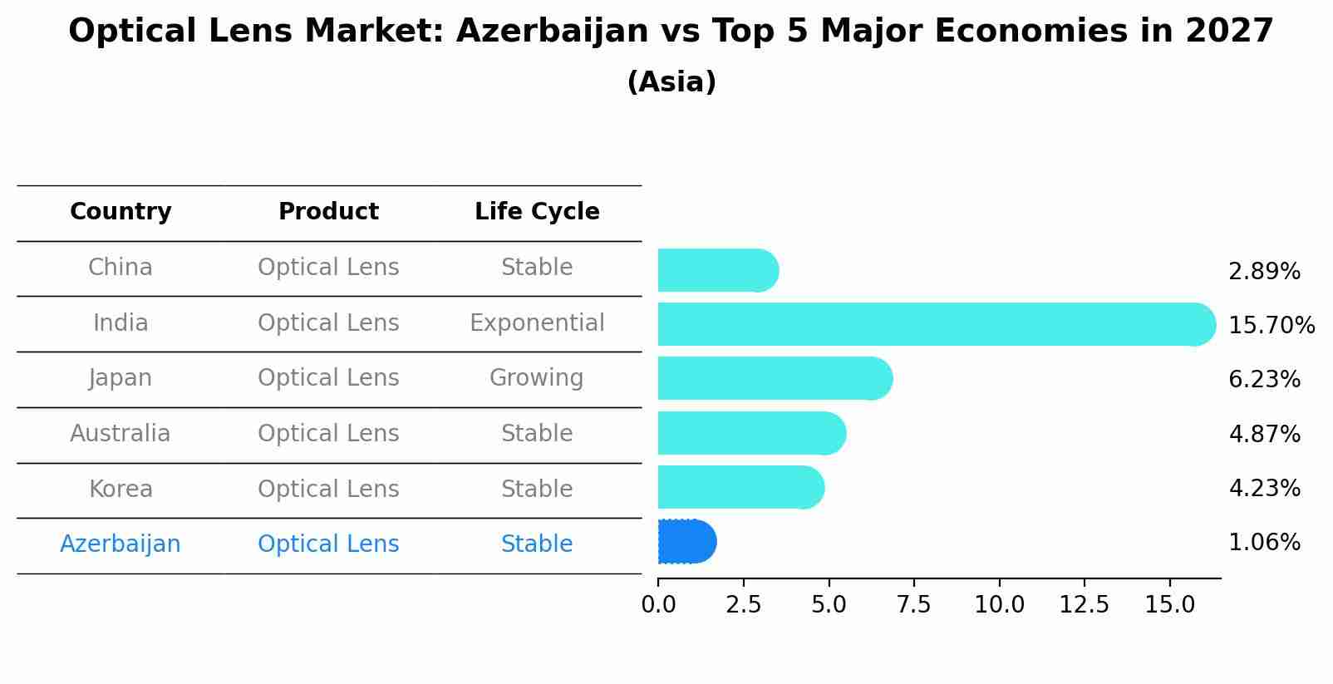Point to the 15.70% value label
pyautogui.click(x=1271, y=325)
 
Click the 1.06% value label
pyautogui.click(x=1264, y=543)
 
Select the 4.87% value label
pyautogui.click(x=1264, y=434)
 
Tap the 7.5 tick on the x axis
pyautogui.click(x=913, y=605)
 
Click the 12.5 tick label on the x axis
pyautogui.click(x=1084, y=605)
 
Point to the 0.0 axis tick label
pyautogui.click(x=658, y=605)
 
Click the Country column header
pyautogui.click(x=121, y=212)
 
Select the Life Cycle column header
pyautogui.click(x=537, y=212)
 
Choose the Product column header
pyautogui.click(x=328, y=212)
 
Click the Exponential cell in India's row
pyautogui.click(x=537, y=323)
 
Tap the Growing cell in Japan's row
pyautogui.click(x=536, y=378)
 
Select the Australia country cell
pyautogui.click(x=120, y=434)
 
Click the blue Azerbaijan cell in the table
pyautogui.click(x=120, y=544)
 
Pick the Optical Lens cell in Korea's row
pyautogui.click(x=328, y=489)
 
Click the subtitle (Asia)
pyautogui.click(x=671, y=82)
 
